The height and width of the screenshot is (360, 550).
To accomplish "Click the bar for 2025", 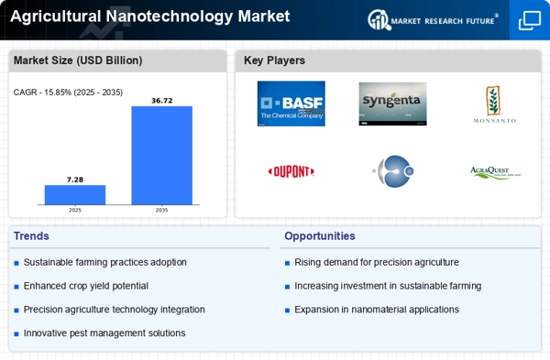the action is click(x=75, y=195).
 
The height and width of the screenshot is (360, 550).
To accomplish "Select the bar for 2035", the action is click(x=162, y=156).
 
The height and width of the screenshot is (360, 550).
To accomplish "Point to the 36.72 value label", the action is click(x=162, y=101).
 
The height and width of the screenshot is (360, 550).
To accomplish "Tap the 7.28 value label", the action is click(x=75, y=180).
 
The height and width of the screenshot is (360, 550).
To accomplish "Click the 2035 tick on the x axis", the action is click(x=161, y=211).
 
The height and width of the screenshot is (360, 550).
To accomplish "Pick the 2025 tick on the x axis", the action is click(x=75, y=211).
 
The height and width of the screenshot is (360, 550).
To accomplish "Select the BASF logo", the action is click(x=291, y=104).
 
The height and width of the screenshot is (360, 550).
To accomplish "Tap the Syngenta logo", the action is click(x=393, y=104).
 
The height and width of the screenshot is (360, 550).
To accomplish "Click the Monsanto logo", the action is click(x=495, y=104).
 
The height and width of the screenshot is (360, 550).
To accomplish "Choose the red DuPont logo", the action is click(x=291, y=172).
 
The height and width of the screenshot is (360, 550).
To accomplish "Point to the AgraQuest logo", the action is click(x=496, y=172).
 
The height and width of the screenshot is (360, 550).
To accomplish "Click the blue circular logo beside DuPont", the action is click(x=393, y=171).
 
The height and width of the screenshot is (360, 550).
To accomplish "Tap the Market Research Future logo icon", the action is click(x=379, y=19).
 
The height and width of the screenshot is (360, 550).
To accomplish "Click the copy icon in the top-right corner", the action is click(x=530, y=20).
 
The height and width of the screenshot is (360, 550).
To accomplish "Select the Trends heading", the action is click(x=31, y=236).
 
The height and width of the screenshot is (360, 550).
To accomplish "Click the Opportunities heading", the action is click(x=320, y=236).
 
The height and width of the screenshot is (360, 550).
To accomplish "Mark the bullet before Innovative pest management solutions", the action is click(x=16, y=334).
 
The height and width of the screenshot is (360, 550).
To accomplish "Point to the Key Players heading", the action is click(x=274, y=60).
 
